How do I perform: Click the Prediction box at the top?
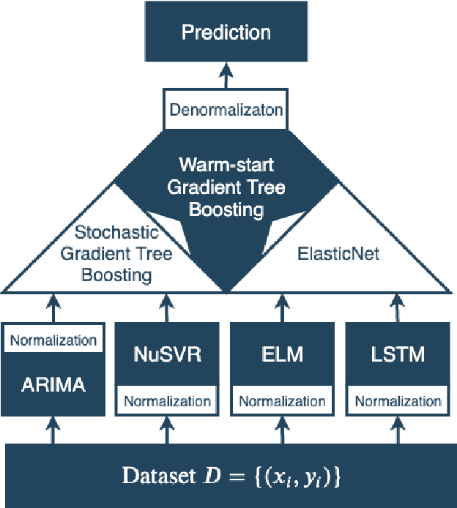coord(226,33)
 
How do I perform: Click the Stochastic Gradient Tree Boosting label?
coord(117,255)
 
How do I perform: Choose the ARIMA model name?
coord(53,384)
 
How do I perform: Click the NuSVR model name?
coord(166,356)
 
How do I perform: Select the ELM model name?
coord(282,356)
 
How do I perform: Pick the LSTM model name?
coord(398,356)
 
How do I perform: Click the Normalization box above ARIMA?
coord(53,340)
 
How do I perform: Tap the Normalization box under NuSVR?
coord(166,401)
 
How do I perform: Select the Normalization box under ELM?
coord(282,401)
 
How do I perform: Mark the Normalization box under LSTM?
coord(398,401)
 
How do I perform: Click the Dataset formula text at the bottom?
coord(231,477)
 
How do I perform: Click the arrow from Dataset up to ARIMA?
coord(53,430)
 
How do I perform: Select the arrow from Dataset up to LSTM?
coord(398,430)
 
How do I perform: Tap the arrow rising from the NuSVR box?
coord(166,307)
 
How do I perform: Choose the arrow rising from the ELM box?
coord(282,307)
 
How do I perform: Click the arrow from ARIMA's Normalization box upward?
coord(53,307)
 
